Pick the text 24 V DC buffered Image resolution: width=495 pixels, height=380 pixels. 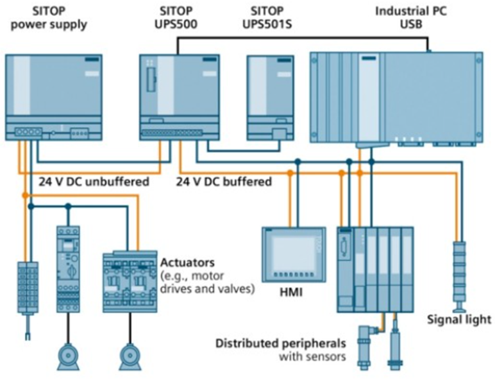pos(224,182)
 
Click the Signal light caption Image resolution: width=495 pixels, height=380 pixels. pos(459,319)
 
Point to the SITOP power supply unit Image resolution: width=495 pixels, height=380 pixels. pos(54,96)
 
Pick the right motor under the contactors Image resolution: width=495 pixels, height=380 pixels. pos(131,356)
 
